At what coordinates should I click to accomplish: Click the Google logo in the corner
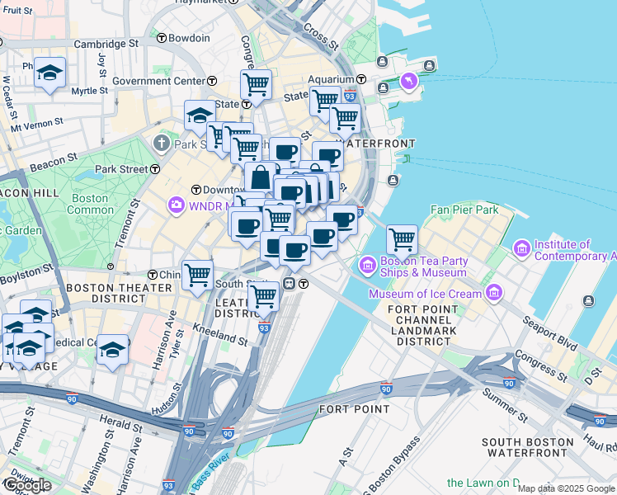coord(27,484)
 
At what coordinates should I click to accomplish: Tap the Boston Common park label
coord(90,204)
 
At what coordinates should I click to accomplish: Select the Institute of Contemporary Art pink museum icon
coord(521,248)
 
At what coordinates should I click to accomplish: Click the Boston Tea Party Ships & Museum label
coord(424,266)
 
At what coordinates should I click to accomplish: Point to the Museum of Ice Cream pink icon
coord(494,292)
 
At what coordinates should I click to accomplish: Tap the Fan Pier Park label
coord(464,210)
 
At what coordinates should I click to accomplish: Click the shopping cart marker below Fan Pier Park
coord(402,238)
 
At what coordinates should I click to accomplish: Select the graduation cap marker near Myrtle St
coord(50,73)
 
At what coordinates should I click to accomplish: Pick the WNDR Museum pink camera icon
coord(176,205)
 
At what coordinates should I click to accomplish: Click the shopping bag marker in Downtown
coord(260,177)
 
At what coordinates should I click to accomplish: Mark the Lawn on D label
coord(483,483)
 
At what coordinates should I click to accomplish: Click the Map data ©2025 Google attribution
coord(566,488)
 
